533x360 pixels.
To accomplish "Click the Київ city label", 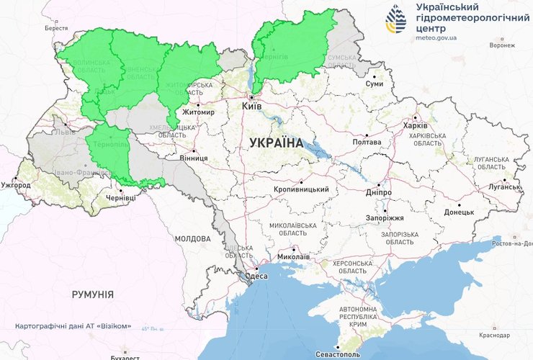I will pos(252,106).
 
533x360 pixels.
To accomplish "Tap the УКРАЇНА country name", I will pos(277,143).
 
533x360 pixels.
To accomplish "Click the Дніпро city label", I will pos(378,193).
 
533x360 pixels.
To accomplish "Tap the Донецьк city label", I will pos(459,212).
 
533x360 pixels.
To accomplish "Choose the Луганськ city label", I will pos(503,186).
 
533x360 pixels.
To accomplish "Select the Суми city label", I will pos(375,84).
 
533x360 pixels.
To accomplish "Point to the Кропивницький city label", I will pos(301,189).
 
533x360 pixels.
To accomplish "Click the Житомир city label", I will pos(199,113).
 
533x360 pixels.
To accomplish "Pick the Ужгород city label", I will pos(17,185).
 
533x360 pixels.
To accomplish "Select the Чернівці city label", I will pos(120,197).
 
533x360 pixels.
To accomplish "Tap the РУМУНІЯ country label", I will pos(92,294).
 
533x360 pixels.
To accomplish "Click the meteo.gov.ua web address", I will pos(436,36).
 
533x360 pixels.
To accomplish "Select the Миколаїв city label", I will pos(293,256).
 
